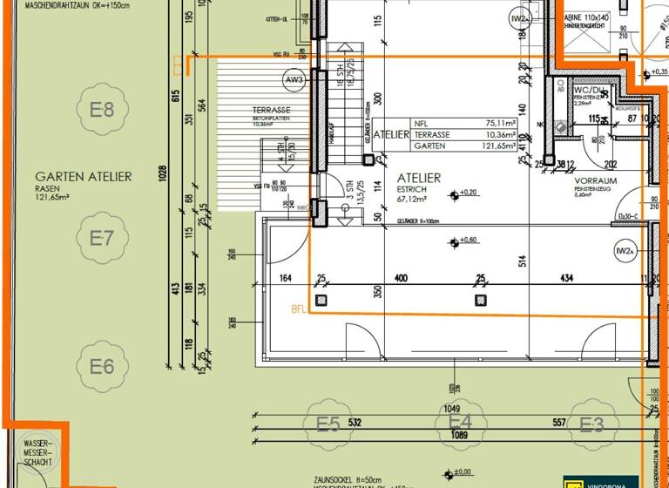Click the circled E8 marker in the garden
pyautogui.click(x=102, y=110)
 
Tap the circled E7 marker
pyautogui.click(x=102, y=237)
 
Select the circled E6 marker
pyautogui.click(x=102, y=366)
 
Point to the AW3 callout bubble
pyautogui.click(x=294, y=80)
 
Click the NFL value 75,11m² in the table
pyautogui.click(x=502, y=124)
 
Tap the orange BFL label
pyautogui.click(x=300, y=309)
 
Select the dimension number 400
pyautogui.click(x=401, y=279)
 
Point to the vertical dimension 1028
pyautogui.click(x=163, y=174)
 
